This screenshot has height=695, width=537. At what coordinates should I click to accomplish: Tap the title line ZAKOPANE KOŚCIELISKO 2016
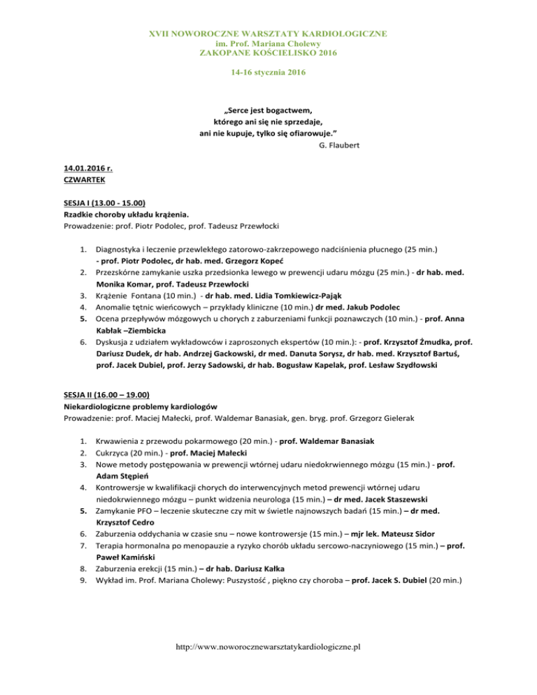point(268,52)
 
